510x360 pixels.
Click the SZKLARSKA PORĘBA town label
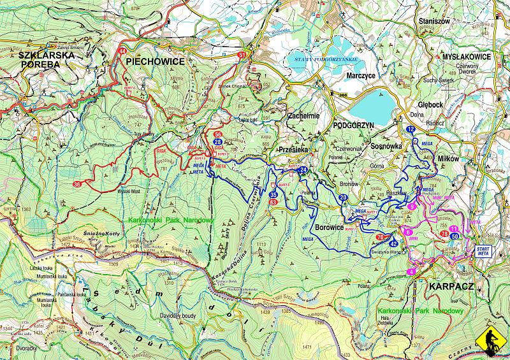(47, 61)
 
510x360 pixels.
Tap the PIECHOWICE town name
(155, 61)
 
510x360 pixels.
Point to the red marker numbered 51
(241, 55)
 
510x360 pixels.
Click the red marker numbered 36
(77, 184)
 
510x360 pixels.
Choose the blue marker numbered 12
(411, 129)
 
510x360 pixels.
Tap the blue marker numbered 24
(303, 169)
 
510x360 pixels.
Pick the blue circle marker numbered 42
(393, 243)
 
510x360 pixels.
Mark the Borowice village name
(330, 226)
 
